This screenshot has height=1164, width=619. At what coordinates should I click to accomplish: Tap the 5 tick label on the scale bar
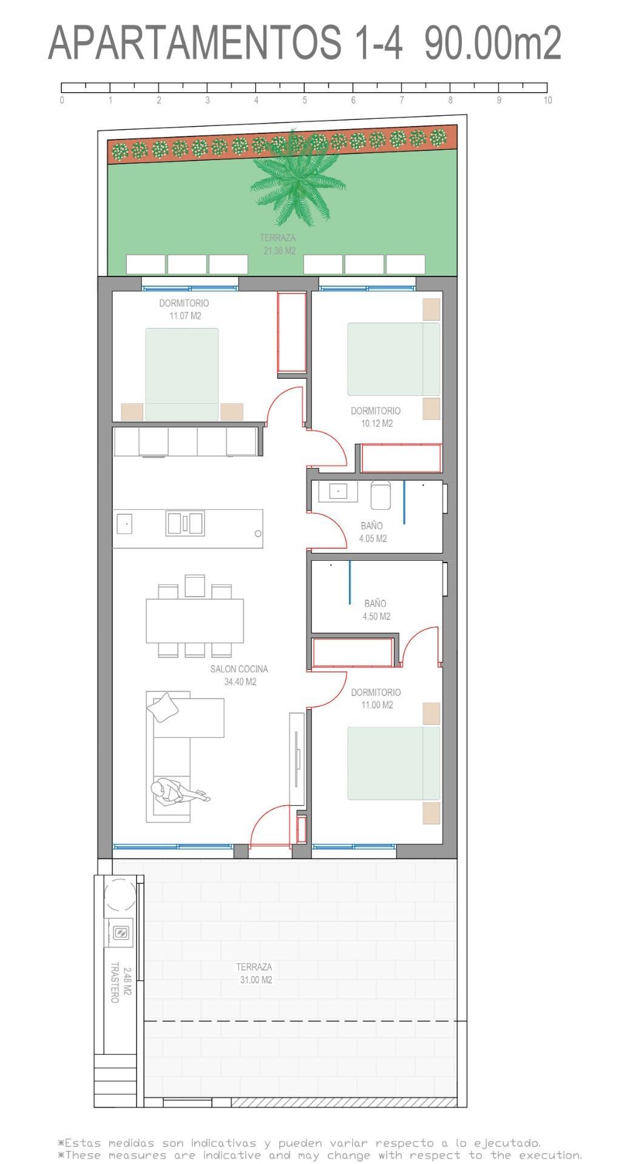(x=305, y=101)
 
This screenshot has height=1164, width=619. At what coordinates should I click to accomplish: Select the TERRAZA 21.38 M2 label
(x=279, y=244)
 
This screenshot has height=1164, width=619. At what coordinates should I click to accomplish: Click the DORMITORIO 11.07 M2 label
(x=184, y=309)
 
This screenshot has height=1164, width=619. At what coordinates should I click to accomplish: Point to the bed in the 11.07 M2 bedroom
(x=181, y=374)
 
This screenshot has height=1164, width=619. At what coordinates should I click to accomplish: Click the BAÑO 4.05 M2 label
(x=372, y=532)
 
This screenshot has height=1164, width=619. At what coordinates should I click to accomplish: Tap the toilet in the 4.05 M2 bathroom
(x=381, y=495)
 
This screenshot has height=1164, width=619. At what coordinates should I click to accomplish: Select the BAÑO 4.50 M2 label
(x=376, y=609)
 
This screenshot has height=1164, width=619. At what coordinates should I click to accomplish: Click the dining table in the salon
(x=194, y=620)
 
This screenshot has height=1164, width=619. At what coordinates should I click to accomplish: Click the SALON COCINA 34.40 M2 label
(x=239, y=675)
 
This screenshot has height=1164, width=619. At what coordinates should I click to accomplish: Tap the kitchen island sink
(x=185, y=523)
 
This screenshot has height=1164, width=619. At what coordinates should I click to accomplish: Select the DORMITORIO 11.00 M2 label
(x=376, y=698)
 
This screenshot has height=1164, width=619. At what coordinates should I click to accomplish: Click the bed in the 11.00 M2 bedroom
(x=393, y=763)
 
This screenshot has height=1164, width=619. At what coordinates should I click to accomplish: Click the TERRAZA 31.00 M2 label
(x=254, y=973)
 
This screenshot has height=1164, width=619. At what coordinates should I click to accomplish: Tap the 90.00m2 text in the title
(x=492, y=43)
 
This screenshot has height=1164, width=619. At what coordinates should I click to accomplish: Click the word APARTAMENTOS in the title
(x=194, y=43)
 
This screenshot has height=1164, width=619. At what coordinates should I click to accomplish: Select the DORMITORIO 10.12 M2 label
(x=376, y=416)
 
